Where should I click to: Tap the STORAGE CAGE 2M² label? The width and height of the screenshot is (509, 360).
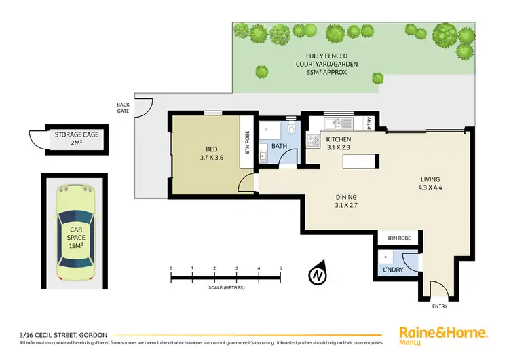[77, 139]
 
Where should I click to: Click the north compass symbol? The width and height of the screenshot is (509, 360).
[317, 275]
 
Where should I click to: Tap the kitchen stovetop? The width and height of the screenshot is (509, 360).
[314, 141]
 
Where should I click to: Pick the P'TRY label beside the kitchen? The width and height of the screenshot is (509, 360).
[369, 124]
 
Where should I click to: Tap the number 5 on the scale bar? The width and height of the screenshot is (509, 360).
[280, 269]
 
